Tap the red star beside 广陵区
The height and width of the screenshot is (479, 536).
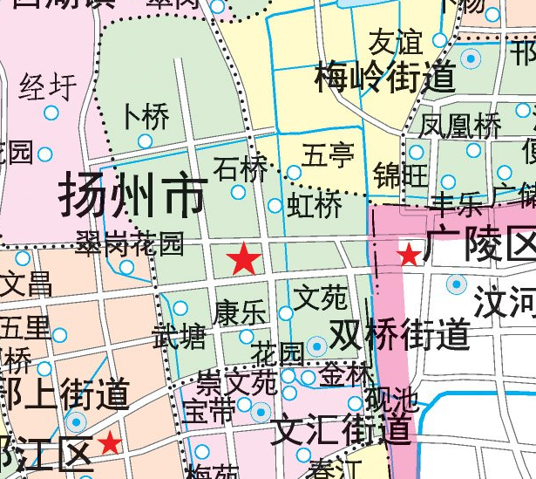(x=408, y=254)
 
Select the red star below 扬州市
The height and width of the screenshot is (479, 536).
(x=244, y=258)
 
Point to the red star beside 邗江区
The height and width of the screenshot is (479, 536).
(x=110, y=442)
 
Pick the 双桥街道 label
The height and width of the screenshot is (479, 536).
(x=400, y=333)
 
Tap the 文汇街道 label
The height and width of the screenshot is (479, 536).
(x=341, y=430)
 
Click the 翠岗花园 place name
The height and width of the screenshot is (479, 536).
(x=130, y=243)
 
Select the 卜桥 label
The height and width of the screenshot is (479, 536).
(x=146, y=116)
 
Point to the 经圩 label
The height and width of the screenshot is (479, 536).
(x=48, y=87)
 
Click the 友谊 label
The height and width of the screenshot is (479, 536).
(x=395, y=41)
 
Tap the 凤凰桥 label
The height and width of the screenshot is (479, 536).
(x=461, y=126)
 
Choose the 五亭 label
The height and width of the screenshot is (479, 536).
(x=329, y=156)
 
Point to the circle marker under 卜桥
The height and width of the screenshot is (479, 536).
(x=146, y=140)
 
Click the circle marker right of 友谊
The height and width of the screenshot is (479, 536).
(x=440, y=40)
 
